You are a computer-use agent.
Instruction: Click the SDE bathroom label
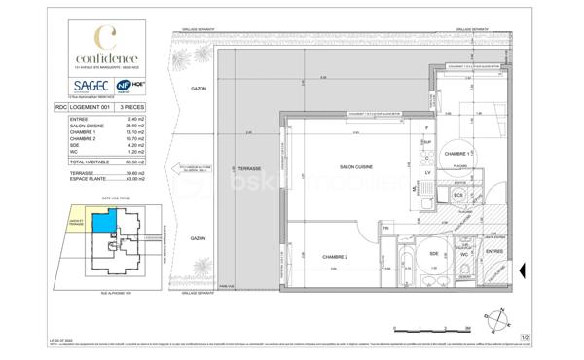(434, 254)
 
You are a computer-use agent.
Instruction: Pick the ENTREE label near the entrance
(496, 251)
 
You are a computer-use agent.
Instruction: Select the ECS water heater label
(457, 194)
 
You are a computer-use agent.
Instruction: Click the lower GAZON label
(198, 238)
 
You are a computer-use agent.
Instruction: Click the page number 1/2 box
(525, 337)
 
